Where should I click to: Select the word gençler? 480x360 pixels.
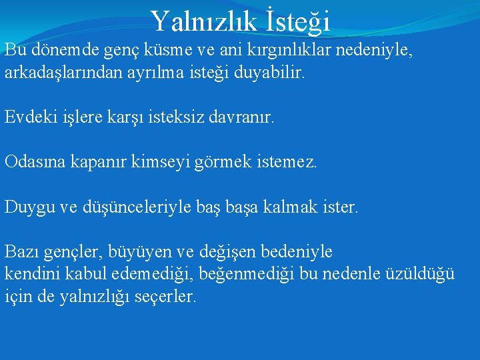72,252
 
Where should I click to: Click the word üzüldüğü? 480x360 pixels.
422,274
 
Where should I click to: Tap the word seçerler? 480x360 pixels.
164,296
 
